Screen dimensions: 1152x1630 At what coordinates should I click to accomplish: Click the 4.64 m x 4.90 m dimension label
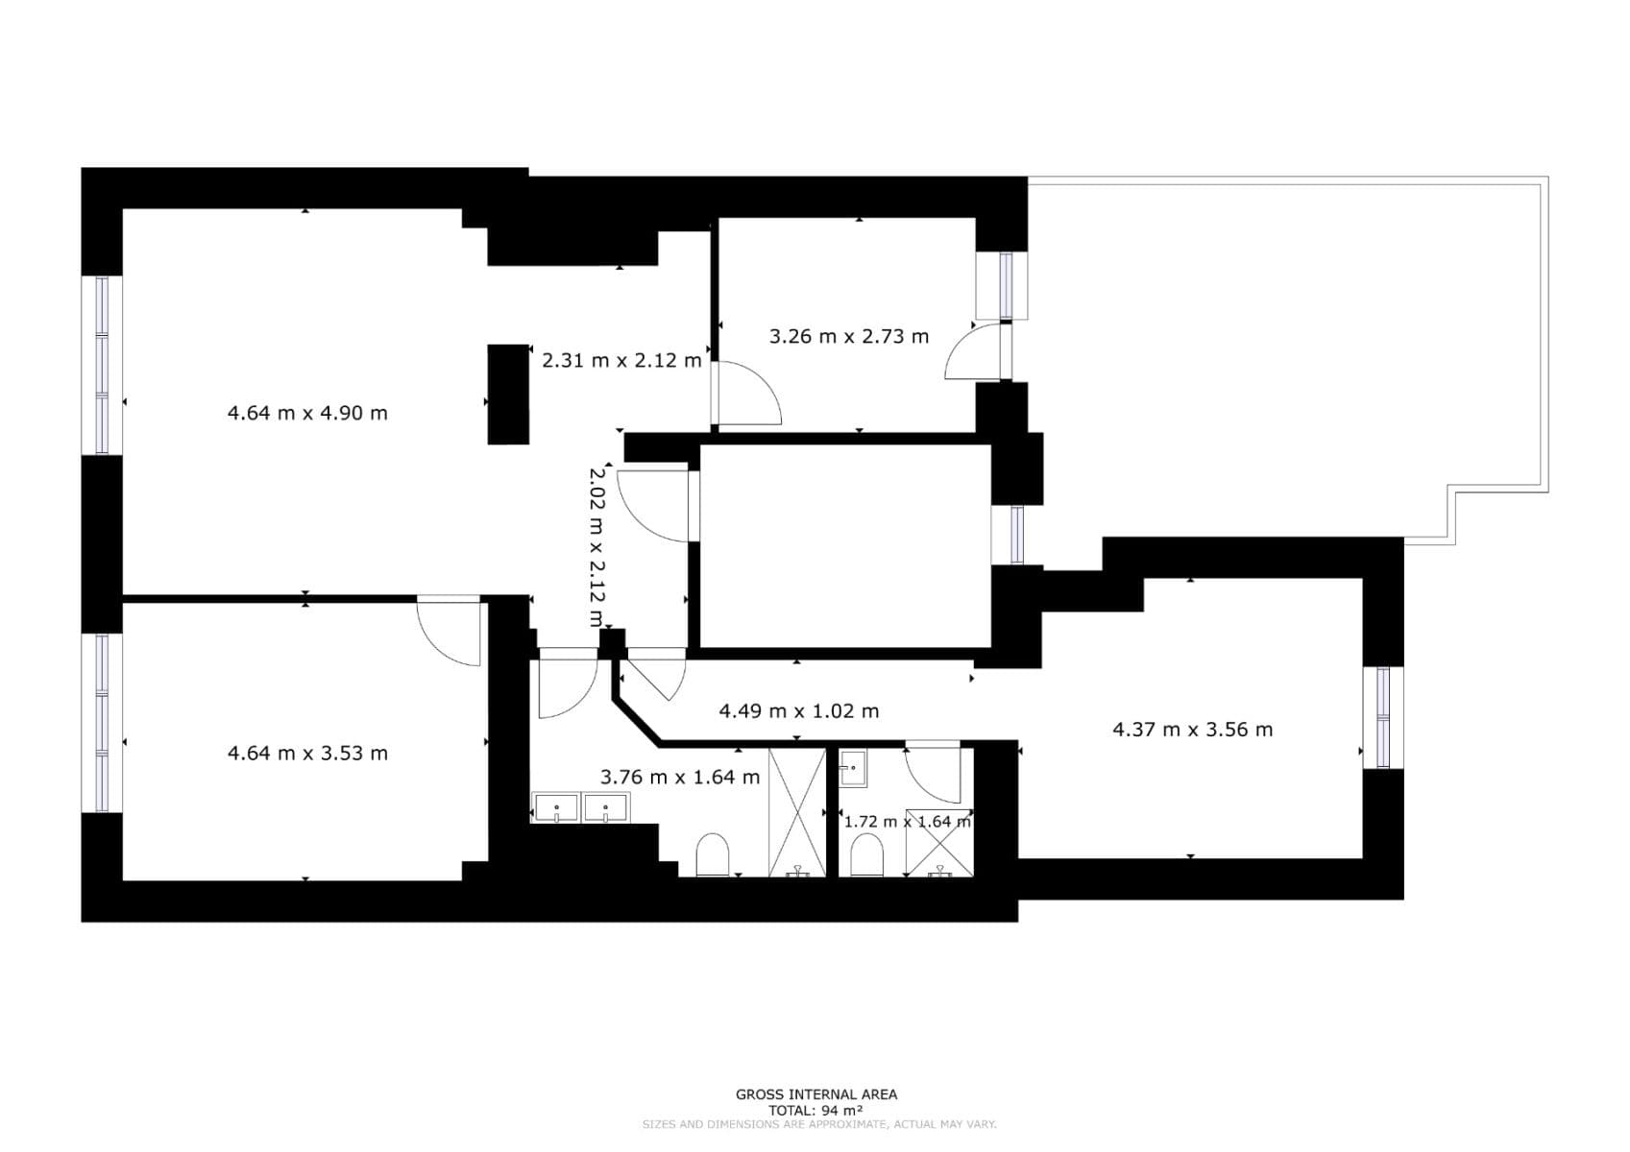(x=307, y=413)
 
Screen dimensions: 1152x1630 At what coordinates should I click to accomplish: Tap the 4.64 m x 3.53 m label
(x=307, y=754)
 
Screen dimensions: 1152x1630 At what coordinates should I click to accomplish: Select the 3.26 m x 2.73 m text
(x=849, y=336)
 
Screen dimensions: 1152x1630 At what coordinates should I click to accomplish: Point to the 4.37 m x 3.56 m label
(x=1192, y=730)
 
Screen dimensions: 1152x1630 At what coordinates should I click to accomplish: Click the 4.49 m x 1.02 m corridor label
(x=799, y=711)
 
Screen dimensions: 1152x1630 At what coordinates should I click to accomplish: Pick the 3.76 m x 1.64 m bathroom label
(x=679, y=777)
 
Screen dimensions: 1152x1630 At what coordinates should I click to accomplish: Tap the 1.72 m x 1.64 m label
(x=907, y=822)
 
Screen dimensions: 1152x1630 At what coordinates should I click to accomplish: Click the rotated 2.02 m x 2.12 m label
(x=596, y=547)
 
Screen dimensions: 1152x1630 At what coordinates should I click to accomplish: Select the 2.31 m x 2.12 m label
(x=621, y=361)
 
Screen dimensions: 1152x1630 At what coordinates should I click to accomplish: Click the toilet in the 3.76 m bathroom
(x=713, y=854)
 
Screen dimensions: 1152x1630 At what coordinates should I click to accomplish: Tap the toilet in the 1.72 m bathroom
(x=866, y=854)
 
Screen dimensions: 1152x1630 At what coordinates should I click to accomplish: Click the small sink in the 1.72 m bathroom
(x=853, y=768)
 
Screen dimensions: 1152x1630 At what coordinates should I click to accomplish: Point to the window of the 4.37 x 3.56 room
(x=1383, y=717)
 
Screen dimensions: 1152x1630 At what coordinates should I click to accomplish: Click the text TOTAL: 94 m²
(x=815, y=1110)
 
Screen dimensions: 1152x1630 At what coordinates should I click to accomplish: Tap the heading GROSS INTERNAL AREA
(x=815, y=1094)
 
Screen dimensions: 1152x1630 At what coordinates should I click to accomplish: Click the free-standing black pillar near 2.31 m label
(x=508, y=395)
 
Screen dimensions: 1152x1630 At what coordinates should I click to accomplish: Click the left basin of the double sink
(x=556, y=808)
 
